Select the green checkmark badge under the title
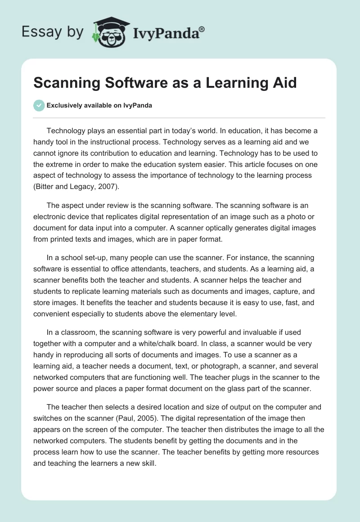coord(39,105)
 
